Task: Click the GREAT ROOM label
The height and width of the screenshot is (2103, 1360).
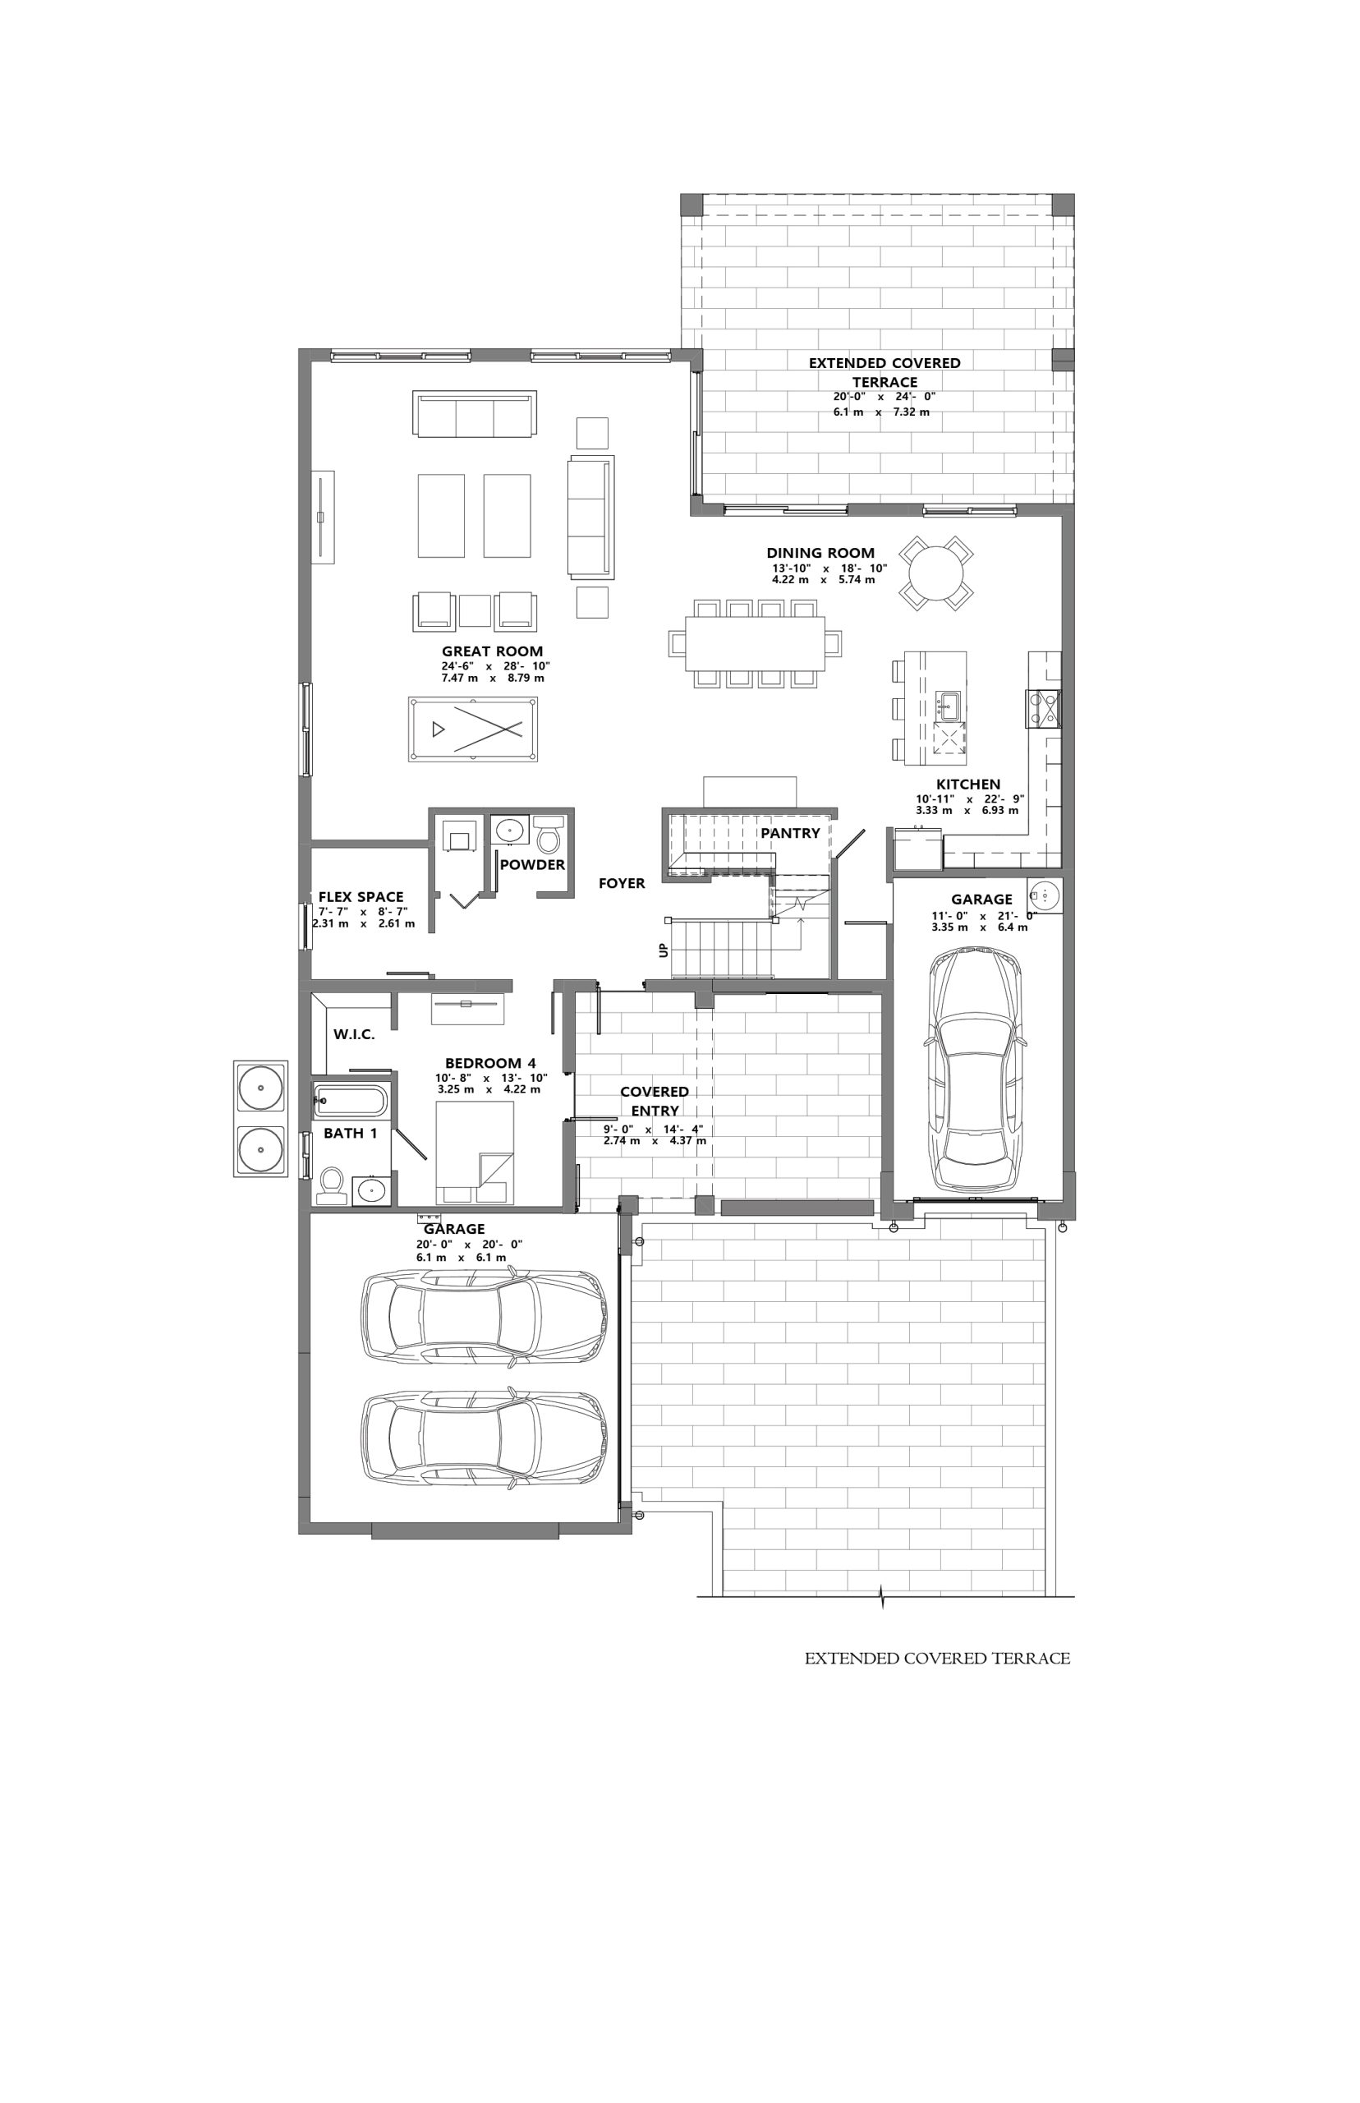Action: point(492,651)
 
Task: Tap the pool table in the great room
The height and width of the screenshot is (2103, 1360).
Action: point(473,729)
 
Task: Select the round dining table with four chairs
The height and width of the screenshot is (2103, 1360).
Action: point(936,573)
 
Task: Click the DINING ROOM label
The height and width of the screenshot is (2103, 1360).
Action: point(820,553)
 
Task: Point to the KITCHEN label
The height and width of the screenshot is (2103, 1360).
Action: point(968,785)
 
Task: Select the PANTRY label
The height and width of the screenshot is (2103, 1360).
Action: point(790,833)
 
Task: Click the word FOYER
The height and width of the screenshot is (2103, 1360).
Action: point(622,883)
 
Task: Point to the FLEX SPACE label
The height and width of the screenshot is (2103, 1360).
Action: point(361,896)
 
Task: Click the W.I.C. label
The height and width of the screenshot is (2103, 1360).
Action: point(354,1034)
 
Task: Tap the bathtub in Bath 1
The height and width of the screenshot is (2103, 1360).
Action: point(350,1102)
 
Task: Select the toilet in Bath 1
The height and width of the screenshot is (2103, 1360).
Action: point(332,1185)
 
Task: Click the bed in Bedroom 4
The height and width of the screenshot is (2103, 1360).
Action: point(476,1153)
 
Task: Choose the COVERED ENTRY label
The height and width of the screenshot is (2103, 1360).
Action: point(655,1102)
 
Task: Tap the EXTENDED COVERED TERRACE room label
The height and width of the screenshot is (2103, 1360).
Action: point(884,372)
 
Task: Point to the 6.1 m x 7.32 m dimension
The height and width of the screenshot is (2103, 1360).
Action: point(881,412)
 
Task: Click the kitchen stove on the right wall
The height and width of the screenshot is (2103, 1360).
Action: point(1042,708)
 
